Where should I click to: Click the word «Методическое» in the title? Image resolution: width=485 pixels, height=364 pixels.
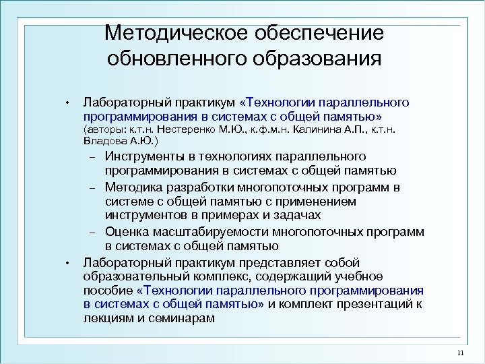[x=176, y=33]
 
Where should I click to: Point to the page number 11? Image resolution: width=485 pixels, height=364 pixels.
[x=461, y=354]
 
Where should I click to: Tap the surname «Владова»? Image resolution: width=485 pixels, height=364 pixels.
[x=108, y=141]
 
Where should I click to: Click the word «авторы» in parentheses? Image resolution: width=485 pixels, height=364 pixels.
[x=105, y=128]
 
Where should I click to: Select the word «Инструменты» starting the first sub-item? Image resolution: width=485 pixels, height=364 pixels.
[x=145, y=158]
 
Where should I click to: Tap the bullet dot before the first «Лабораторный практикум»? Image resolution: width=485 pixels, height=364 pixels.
[x=68, y=103]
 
